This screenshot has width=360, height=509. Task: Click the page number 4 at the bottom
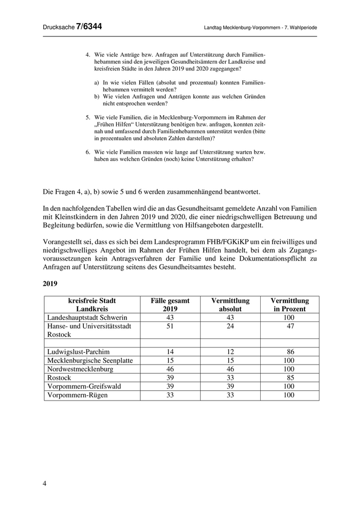(x=45, y=483)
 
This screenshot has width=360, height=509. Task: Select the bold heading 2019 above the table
(x=51, y=283)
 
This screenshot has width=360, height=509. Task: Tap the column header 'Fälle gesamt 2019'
(x=170, y=305)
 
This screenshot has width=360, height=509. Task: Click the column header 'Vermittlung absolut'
(x=230, y=305)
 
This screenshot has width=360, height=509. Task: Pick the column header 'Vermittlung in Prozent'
(x=290, y=305)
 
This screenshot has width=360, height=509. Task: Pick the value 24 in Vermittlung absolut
(x=230, y=326)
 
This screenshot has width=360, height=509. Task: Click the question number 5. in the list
(x=88, y=117)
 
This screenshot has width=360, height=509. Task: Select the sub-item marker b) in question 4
(x=97, y=96)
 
